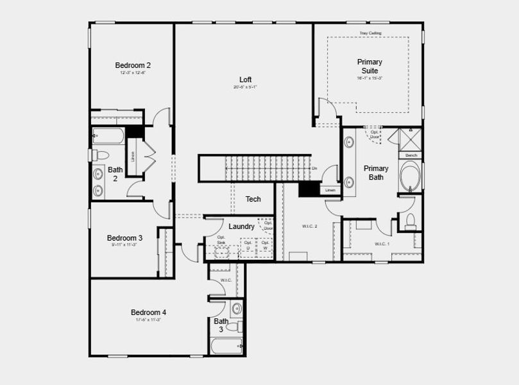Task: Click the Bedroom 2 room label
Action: tap(133, 65)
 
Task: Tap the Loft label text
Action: tap(246, 80)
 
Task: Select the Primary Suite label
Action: tap(369, 66)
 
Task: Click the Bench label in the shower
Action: tap(411, 155)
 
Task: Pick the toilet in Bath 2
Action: tap(99, 155)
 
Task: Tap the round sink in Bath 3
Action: tap(235, 309)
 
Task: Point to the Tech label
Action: tap(253, 199)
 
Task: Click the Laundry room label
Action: tap(241, 227)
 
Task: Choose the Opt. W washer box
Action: tap(264, 245)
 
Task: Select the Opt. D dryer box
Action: tap(248, 245)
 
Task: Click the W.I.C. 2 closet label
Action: tap(310, 227)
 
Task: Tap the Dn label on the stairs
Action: tap(314, 168)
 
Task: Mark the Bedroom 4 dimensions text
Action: tap(148, 320)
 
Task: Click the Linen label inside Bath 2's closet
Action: tap(133, 156)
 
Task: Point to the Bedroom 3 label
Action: tap(124, 237)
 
